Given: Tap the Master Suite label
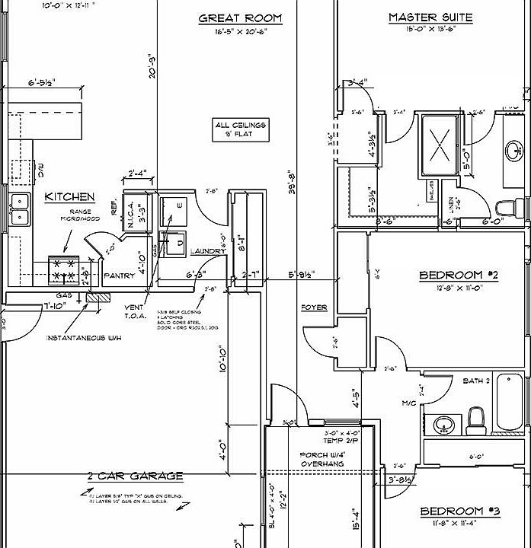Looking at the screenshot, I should coord(430,17).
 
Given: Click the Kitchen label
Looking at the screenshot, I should coord(69,196).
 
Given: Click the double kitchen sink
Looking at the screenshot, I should coord(19,209).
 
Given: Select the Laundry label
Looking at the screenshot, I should coord(208,251).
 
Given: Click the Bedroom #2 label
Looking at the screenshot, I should coord(459,275).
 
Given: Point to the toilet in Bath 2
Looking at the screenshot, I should coord(476,418).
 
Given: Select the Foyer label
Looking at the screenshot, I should coord(314,307).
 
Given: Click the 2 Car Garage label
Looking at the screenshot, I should coord(135,476).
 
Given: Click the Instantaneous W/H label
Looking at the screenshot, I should coord(77,337).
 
